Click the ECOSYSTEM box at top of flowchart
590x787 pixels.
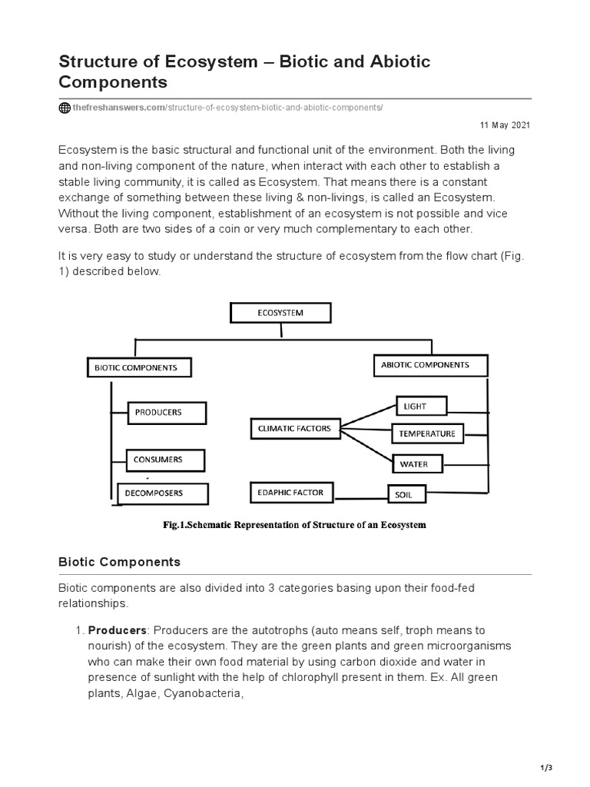click(280, 313)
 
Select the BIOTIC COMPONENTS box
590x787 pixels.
click(138, 367)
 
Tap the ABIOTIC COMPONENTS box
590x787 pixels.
click(430, 365)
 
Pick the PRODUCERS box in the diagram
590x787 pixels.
click(166, 413)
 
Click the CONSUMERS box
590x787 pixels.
click(165, 460)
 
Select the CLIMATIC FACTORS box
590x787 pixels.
click(294, 427)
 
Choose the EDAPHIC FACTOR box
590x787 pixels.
click(292, 492)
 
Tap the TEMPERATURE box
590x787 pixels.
click(428, 433)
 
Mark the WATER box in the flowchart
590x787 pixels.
click(419, 464)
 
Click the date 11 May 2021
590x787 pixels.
click(505, 125)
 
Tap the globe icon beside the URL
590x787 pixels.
click(65, 108)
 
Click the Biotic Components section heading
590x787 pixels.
click(119, 562)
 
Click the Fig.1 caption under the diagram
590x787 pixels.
click(294, 525)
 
